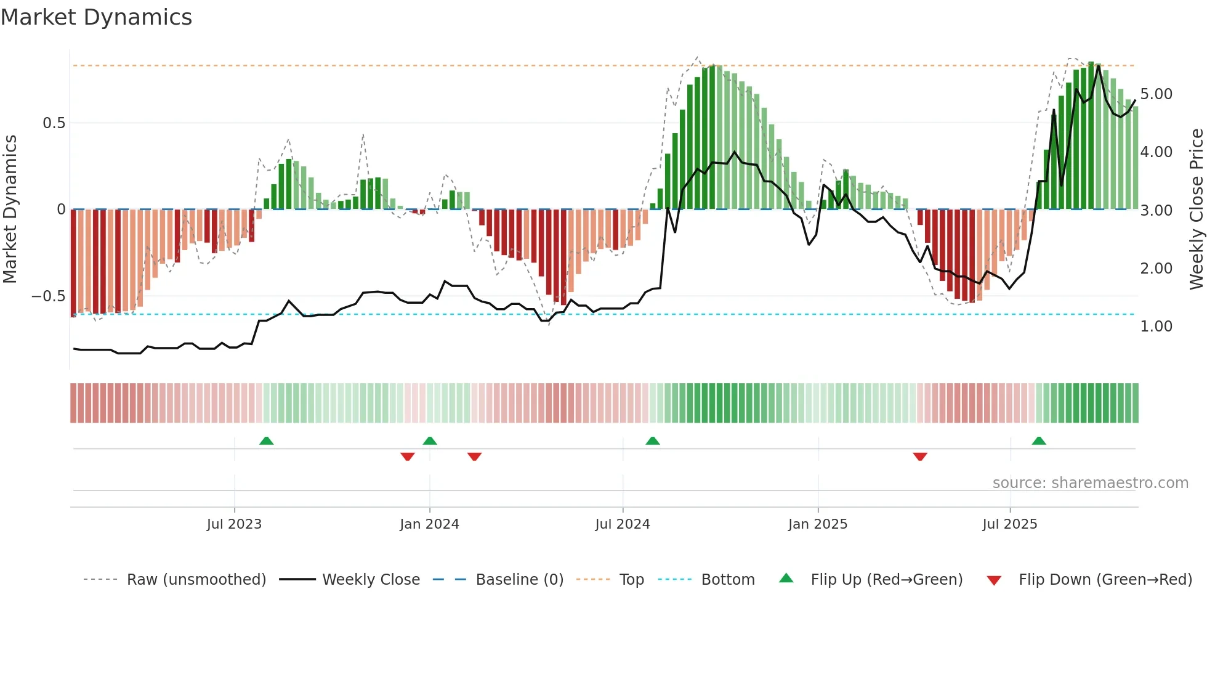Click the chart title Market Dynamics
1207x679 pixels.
coord(97,17)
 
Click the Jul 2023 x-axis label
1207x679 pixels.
coord(234,524)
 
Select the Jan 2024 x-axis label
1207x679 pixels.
coord(429,524)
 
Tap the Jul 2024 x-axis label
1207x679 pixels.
coord(623,524)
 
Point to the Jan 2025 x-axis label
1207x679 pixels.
coord(818,524)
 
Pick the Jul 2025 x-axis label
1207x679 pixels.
coord(1010,524)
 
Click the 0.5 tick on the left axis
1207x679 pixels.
coord(54,123)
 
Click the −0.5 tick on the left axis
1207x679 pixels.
coord(49,296)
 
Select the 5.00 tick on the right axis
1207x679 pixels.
coord(1156,94)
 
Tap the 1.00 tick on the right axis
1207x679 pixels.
coord(1156,327)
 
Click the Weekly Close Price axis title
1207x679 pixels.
coord(1196,209)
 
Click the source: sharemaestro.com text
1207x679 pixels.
coord(1090,483)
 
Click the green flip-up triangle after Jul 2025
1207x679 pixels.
coord(1039,441)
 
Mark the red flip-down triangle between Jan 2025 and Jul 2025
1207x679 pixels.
coord(920,456)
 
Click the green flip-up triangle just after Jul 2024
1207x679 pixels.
coord(653,441)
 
